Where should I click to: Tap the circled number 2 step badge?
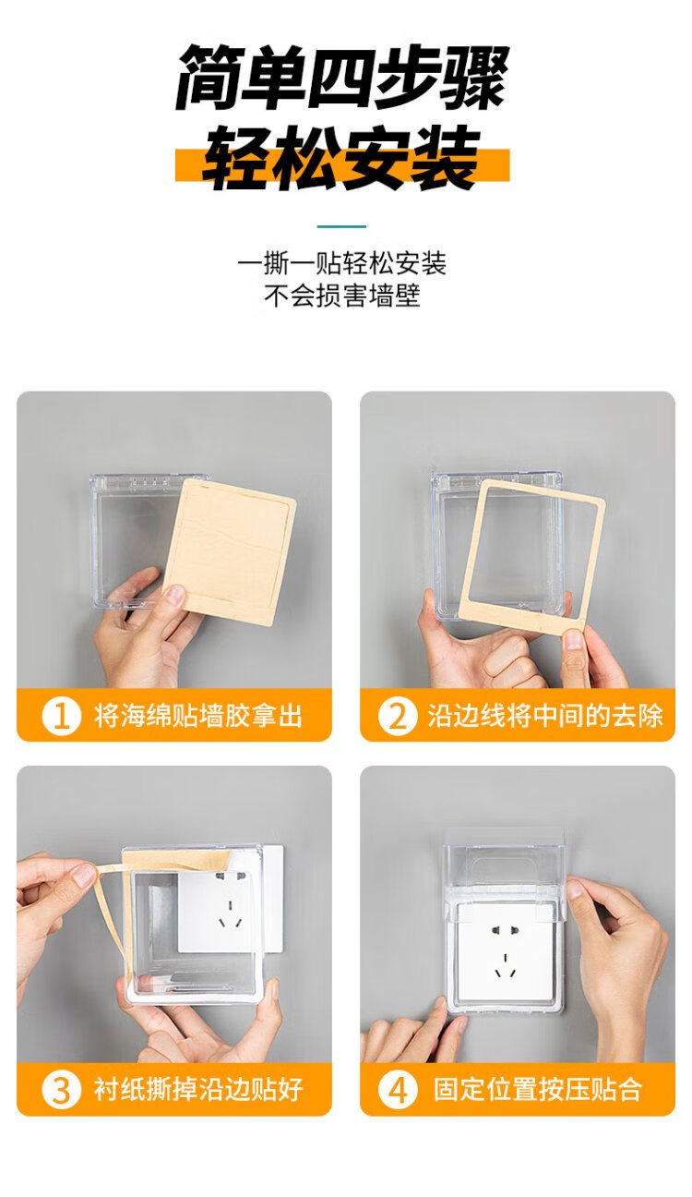point(398,716)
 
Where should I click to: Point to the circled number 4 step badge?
point(398,1075)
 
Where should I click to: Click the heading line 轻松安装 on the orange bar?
point(341,158)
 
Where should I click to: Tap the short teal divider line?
point(341,226)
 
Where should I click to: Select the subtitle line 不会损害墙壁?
point(341,296)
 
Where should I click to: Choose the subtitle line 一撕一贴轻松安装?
point(341,263)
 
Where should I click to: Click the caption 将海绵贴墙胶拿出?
point(198,716)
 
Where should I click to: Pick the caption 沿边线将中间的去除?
point(544,716)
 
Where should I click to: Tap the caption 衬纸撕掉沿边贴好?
point(198,1075)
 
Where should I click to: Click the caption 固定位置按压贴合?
point(537,1075)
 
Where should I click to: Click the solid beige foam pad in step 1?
point(230,551)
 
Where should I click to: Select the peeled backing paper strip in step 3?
point(113,913)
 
